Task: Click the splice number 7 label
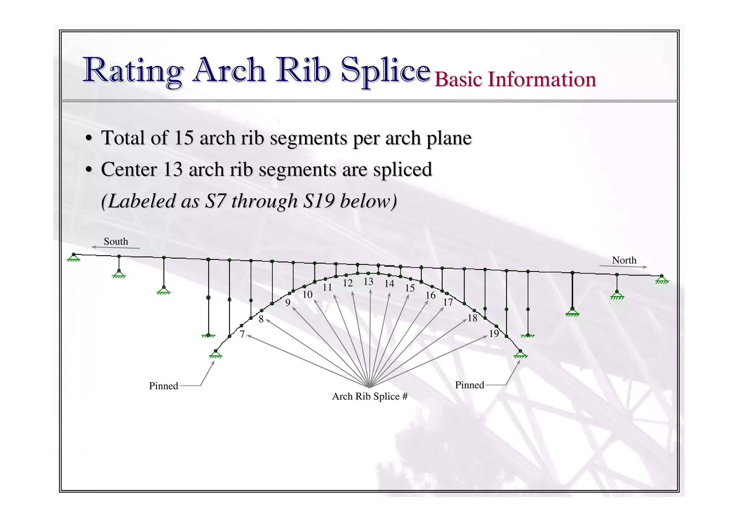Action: tap(242, 334)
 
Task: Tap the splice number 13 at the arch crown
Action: tap(368, 282)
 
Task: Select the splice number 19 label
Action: tap(494, 334)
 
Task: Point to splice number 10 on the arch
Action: tap(307, 295)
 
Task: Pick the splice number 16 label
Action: tap(431, 295)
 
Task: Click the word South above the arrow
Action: tap(116, 241)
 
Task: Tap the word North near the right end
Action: tap(624, 260)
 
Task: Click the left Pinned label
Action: tap(164, 386)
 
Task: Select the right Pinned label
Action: tap(469, 385)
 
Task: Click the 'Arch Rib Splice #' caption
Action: tap(370, 396)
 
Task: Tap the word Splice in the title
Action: tap(386, 70)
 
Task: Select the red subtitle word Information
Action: tap(542, 79)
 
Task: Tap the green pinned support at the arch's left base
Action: tap(215, 354)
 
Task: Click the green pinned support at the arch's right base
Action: tap(520, 354)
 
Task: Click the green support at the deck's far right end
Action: tap(662, 279)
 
